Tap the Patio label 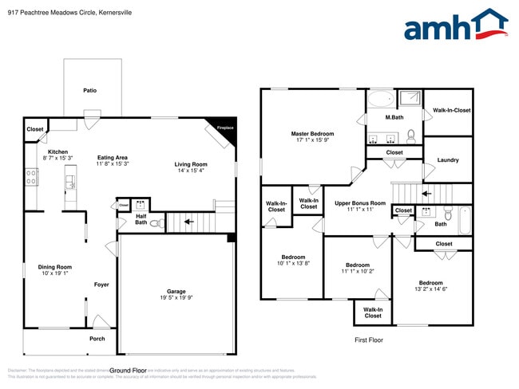coord(89,91)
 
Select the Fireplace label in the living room coord(225,128)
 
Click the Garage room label coord(176,293)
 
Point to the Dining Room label coord(55,267)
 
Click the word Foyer coord(101,285)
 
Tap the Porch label coord(97,339)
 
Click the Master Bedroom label coord(312,134)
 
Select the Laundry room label coord(448,160)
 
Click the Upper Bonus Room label coord(359,203)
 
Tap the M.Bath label coord(393,118)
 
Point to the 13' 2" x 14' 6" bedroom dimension coord(430,289)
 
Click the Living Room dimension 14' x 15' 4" coord(190,171)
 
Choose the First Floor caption coord(369,340)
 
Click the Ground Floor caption coord(128,371)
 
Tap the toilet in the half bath coord(155,223)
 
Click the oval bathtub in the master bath coord(381,100)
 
